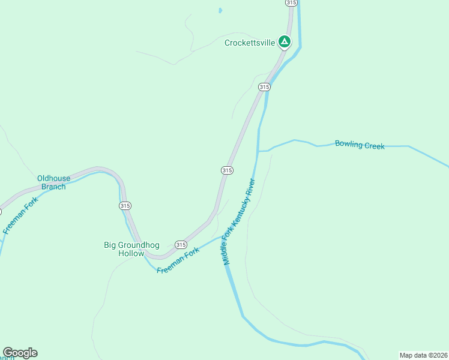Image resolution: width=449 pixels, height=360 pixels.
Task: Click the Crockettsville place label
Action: click(x=250, y=43)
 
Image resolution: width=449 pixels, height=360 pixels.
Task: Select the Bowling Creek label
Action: click(x=360, y=145)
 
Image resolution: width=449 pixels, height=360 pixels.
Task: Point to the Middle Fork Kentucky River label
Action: click(x=240, y=221)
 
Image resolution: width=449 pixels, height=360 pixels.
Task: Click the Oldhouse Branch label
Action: click(x=53, y=182)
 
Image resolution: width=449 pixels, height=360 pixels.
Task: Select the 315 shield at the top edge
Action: click(x=291, y=3)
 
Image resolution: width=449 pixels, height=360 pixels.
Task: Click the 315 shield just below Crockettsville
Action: click(x=264, y=87)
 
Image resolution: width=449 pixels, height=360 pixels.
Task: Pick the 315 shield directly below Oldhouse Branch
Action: click(x=125, y=206)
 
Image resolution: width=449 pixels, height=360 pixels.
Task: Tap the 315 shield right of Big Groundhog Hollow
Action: click(x=181, y=245)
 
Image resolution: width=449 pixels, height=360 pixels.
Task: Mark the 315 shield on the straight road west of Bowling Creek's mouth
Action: click(x=226, y=170)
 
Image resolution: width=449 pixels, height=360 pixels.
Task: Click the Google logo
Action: click(x=20, y=353)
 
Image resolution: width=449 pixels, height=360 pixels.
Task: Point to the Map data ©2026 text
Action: click(x=423, y=355)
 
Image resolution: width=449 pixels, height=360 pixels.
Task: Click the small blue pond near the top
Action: click(x=220, y=10)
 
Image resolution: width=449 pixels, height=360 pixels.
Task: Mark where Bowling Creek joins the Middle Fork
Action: click(x=258, y=151)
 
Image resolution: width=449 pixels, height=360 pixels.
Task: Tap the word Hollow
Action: click(x=131, y=253)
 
